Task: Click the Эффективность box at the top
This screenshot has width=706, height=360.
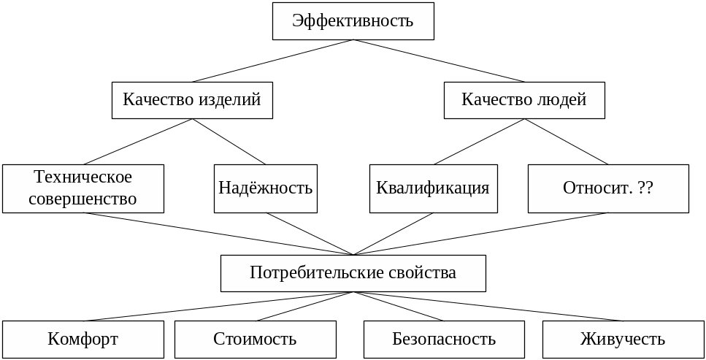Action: click(x=353, y=21)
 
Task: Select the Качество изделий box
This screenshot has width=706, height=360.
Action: click(x=192, y=100)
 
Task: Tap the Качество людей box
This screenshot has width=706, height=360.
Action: click(x=524, y=100)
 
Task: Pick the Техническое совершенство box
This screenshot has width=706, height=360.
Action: click(x=83, y=188)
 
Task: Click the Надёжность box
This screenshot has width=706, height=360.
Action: click(x=265, y=188)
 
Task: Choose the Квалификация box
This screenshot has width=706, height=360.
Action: click(x=433, y=188)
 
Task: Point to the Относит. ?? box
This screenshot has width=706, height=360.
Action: click(x=607, y=188)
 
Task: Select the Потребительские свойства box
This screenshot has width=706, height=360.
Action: click(x=353, y=273)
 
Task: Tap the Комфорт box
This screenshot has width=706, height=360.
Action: click(x=83, y=340)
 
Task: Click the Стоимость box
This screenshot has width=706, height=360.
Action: click(x=255, y=340)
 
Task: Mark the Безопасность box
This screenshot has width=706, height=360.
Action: click(x=444, y=340)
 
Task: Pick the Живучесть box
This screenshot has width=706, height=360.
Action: click(x=623, y=340)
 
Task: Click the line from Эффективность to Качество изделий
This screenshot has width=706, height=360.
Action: click(x=273, y=61)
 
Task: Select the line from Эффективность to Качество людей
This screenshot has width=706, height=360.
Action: click(x=439, y=61)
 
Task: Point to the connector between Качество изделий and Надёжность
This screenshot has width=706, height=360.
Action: click(x=229, y=142)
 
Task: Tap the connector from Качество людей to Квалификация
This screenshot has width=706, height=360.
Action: click(x=479, y=142)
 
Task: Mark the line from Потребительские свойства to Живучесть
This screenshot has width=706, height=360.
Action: click(x=487, y=306)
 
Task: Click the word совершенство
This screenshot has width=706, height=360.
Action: click(x=83, y=199)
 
